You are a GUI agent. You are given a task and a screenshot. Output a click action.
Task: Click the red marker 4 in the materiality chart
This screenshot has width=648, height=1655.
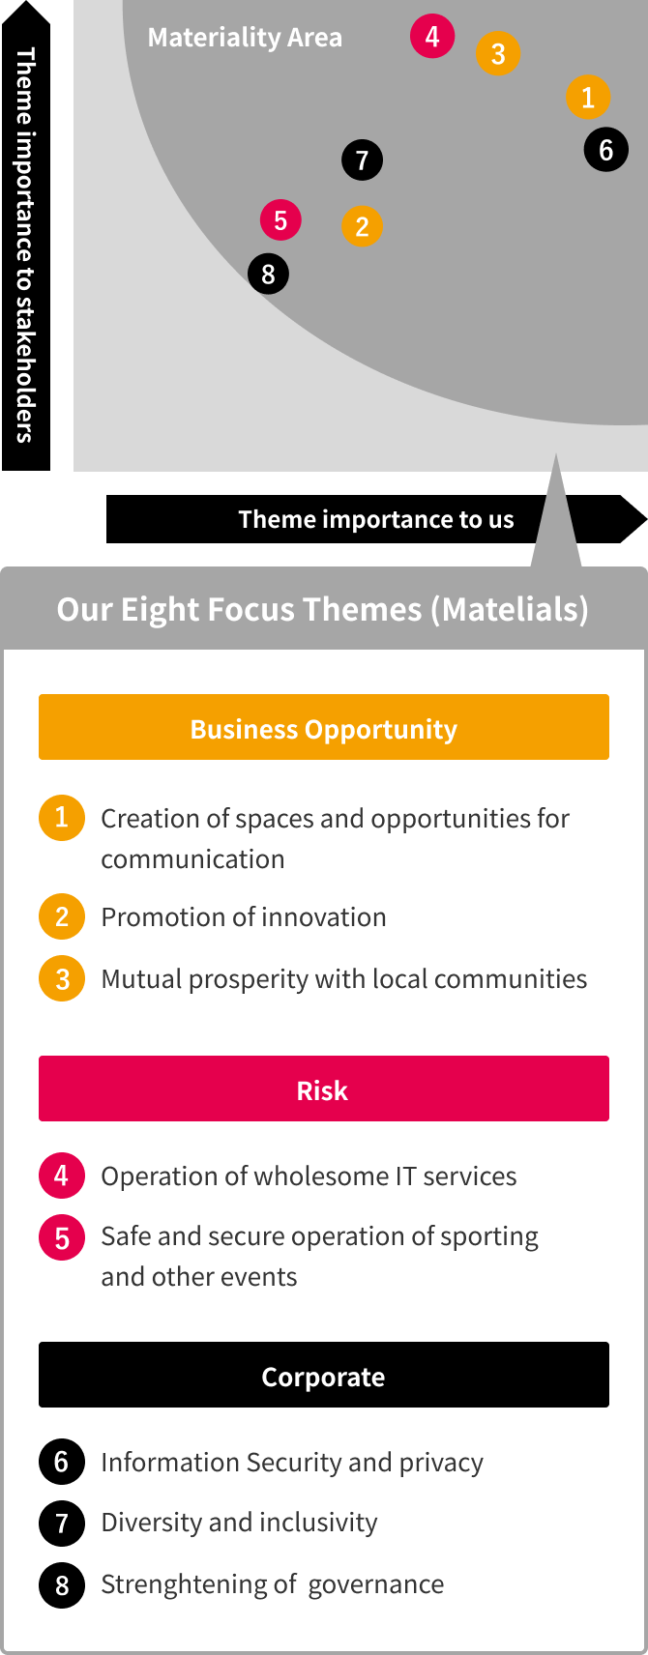click(432, 36)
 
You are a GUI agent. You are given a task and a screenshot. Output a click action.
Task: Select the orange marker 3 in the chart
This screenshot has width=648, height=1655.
click(498, 53)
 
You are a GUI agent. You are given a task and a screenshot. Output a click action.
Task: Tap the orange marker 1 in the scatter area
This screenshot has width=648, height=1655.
click(588, 97)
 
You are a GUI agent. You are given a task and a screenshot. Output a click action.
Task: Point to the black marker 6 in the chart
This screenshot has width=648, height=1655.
click(605, 150)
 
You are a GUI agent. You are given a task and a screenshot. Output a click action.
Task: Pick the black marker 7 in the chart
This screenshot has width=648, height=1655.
click(362, 160)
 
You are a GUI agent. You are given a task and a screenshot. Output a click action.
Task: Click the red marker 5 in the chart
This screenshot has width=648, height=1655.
click(280, 220)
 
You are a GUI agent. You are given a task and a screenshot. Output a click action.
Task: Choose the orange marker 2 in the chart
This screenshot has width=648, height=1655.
click(362, 226)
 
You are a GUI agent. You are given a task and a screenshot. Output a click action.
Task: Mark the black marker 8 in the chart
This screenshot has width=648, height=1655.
click(268, 275)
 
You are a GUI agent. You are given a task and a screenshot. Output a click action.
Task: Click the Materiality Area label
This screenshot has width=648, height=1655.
click(245, 37)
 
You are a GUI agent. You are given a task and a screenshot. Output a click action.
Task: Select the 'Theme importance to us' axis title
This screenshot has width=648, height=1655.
click(376, 519)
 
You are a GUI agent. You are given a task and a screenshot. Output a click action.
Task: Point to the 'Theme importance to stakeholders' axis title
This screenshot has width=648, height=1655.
click(26, 245)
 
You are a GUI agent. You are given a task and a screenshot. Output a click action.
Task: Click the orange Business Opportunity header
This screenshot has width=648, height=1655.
click(324, 727)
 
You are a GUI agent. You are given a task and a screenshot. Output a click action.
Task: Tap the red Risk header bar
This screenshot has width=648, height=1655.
click(324, 1089)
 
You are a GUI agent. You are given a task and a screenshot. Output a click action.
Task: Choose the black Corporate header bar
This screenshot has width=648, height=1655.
click(324, 1375)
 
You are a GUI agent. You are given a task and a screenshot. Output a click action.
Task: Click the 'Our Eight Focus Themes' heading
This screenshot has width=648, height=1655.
click(323, 610)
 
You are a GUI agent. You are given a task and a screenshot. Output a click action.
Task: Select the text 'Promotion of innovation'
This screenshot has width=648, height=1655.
click(244, 916)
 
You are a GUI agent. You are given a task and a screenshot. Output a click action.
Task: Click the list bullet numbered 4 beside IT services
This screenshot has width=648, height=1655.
click(62, 1176)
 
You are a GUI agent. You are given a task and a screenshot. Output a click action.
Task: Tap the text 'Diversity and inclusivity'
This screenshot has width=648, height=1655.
click(240, 1522)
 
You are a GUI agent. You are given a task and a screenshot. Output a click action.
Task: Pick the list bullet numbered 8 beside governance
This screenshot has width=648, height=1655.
click(62, 1584)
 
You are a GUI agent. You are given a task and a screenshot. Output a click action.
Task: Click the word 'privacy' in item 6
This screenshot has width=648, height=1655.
click(441, 1463)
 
